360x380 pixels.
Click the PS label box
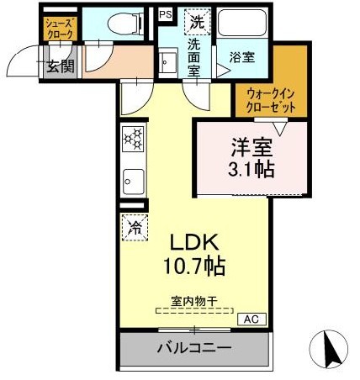click(164, 14)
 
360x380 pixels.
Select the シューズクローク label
click(59, 29)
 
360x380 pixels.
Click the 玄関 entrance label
click(58, 66)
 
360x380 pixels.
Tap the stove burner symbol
click(133, 140)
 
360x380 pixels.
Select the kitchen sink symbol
click(133, 180)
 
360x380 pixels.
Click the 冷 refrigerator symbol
click(134, 224)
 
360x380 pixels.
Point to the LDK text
click(195, 243)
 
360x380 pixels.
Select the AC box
click(250, 319)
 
